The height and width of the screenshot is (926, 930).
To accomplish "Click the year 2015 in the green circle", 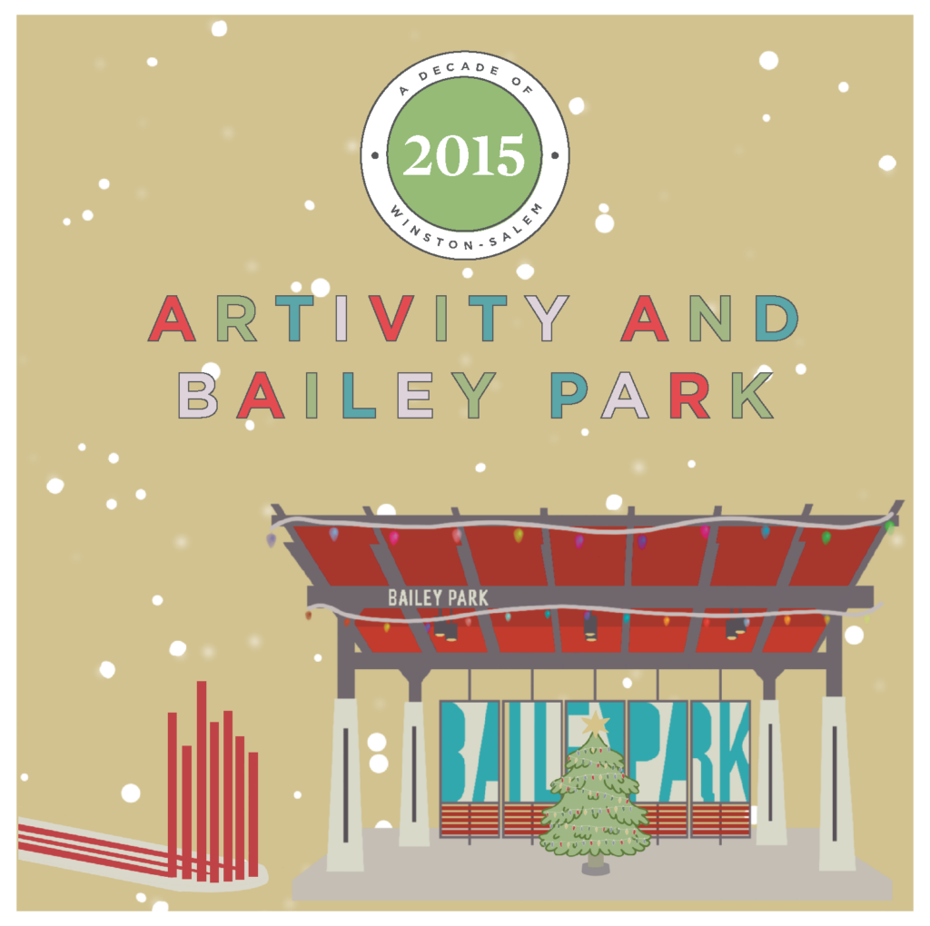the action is click(464, 155).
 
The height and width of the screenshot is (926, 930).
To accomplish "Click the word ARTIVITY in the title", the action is click(358, 319).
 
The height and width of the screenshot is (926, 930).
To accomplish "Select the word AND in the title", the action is click(709, 319).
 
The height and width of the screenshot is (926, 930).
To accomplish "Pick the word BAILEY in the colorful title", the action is click(336, 396).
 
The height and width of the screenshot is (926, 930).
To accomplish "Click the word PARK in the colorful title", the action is click(662, 396).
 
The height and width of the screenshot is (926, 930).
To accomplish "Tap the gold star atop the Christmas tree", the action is click(595, 723).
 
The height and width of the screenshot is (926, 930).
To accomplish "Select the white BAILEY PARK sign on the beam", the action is click(438, 597).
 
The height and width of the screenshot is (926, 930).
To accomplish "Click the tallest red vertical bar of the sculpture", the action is click(202, 780).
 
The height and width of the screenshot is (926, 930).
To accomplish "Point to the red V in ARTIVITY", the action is click(391, 319).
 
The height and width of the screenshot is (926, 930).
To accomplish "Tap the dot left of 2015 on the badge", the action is click(375, 156).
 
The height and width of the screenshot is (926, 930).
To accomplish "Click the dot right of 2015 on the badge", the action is click(555, 156).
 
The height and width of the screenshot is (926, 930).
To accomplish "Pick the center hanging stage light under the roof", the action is click(590, 628).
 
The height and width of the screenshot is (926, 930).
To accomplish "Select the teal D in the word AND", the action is click(777, 319).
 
